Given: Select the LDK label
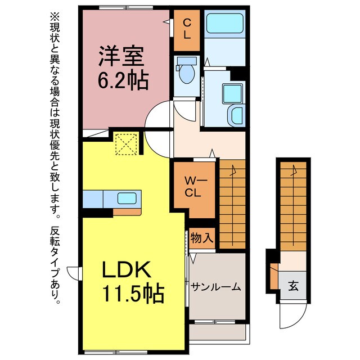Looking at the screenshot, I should coord(126,272).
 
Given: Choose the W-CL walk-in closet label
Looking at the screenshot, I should coord(193,188).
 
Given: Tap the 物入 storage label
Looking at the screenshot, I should coord(201,238).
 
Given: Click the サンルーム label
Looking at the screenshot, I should coord(215,287).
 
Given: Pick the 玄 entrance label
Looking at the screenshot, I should coord(293,286).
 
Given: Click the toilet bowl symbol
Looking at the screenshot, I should coord(186,73).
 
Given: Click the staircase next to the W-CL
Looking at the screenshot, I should coord(232,202).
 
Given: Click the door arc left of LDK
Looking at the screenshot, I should coord(75,273).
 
